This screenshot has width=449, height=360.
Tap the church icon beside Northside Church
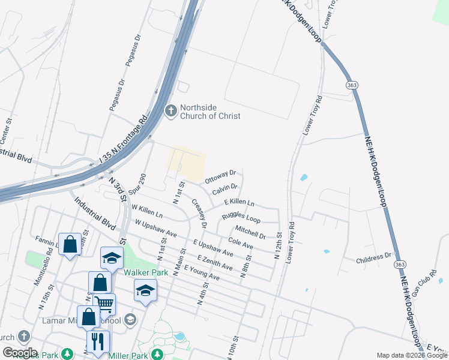click(171, 111)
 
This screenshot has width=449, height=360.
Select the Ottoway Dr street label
click(220, 177)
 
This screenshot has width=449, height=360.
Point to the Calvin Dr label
click(225, 191)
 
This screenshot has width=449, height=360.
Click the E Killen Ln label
click(239, 203)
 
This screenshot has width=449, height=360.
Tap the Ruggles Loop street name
click(241, 217)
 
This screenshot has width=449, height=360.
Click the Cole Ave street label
click(241, 243)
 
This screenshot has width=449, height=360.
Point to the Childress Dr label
click(373, 259)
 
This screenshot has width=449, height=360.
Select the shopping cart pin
click(104, 304)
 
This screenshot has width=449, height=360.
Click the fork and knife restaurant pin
click(97, 341)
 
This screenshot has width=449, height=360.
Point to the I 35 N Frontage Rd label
click(123, 139)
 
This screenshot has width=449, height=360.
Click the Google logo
click(20, 352)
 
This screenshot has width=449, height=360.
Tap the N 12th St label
click(277, 245)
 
